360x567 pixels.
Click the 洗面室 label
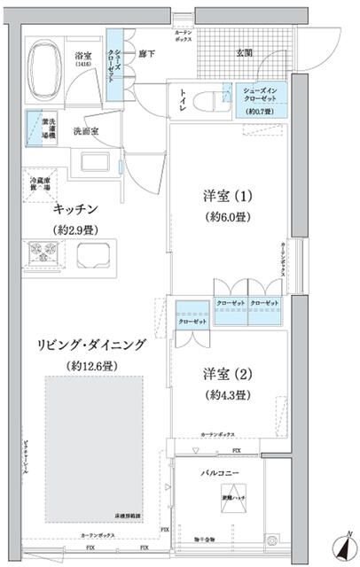click(x=85, y=131)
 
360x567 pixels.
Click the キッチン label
click(x=75, y=208)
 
